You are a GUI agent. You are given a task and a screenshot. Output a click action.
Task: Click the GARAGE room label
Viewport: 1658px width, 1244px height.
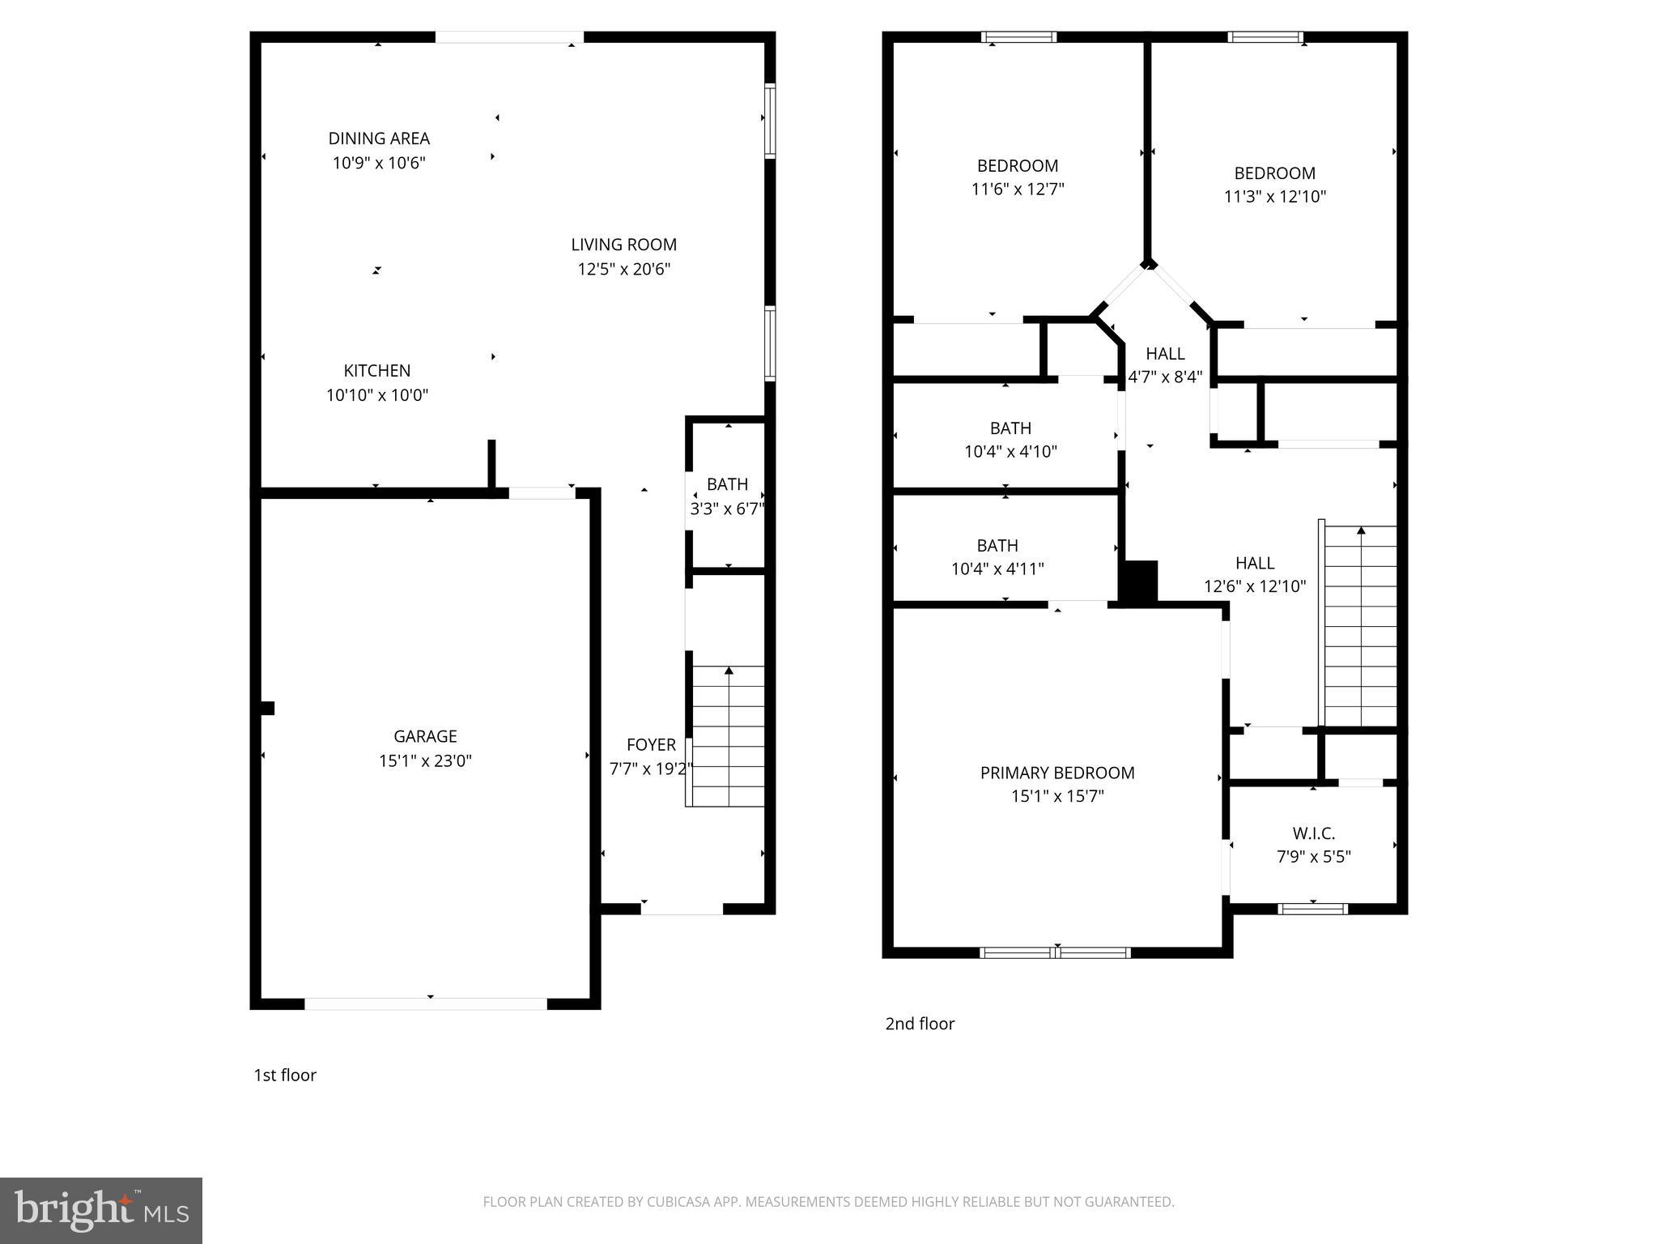pyautogui.click(x=425, y=736)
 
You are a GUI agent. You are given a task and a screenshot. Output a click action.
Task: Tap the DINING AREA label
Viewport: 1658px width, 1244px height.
pyautogui.click(x=379, y=138)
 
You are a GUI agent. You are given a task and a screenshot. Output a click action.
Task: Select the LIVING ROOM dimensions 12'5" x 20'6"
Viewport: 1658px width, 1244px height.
pyautogui.click(x=623, y=269)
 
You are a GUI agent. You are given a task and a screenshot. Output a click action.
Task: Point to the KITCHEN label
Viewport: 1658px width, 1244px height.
pyautogui.click(x=377, y=371)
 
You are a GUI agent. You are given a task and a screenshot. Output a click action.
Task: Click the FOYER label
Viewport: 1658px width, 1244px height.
pyautogui.click(x=651, y=745)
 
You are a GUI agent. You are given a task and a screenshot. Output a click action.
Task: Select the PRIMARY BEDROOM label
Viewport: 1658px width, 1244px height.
pyautogui.click(x=1057, y=773)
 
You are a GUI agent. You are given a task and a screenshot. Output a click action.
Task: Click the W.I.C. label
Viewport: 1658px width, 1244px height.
pyautogui.click(x=1313, y=833)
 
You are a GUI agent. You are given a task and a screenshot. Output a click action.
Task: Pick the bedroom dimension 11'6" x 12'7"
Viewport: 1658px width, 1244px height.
pyautogui.click(x=1018, y=190)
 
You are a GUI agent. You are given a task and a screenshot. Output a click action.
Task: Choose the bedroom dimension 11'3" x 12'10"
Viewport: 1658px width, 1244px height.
pyautogui.click(x=1274, y=197)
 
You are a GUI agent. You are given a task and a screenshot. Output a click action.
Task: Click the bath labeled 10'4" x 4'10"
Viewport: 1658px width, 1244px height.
pyautogui.click(x=1010, y=440)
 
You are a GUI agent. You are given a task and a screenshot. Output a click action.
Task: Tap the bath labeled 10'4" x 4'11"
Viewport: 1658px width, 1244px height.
pyautogui.click(x=997, y=557)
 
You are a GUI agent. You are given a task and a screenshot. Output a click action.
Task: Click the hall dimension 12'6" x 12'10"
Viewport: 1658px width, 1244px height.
pyautogui.click(x=1255, y=586)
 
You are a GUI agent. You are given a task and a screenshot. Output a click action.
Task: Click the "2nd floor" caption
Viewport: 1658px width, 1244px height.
pyautogui.click(x=920, y=1024)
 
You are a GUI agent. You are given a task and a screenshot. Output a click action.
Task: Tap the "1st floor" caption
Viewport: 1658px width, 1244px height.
pyautogui.click(x=285, y=1076)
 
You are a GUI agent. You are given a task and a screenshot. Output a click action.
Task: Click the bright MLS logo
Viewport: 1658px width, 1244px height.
pyautogui.click(x=101, y=1211)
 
